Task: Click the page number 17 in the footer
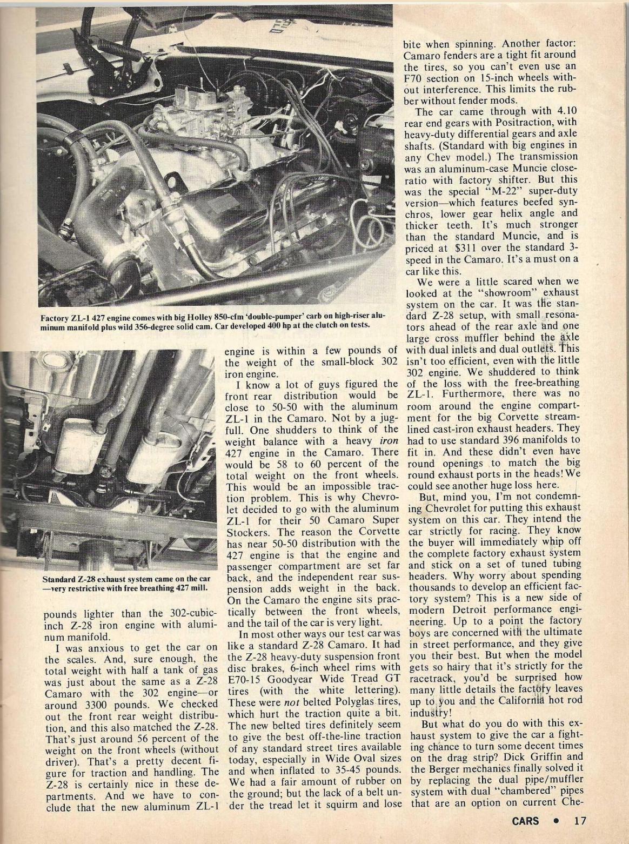[x=580, y=821]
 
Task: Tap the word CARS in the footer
[x=526, y=821]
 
